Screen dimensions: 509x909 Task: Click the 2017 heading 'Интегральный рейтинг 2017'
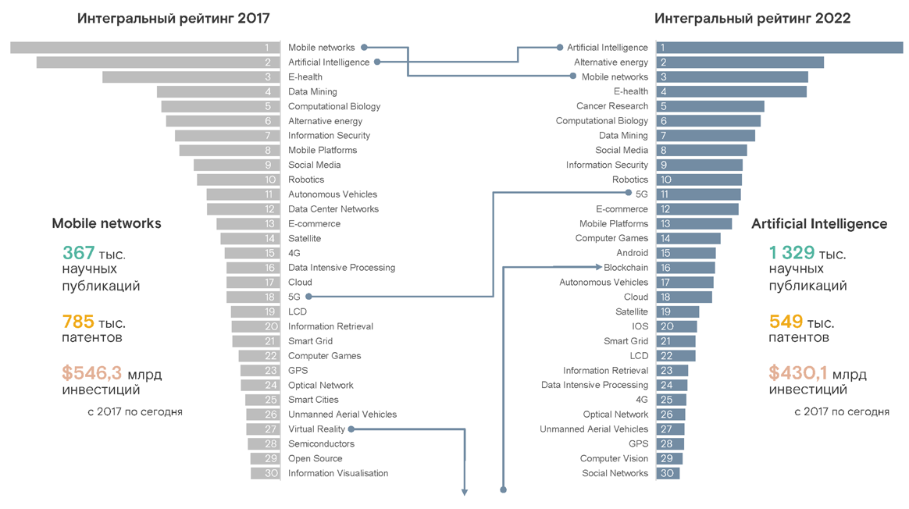(x=173, y=18)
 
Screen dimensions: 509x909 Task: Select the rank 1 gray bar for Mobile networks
(x=145, y=48)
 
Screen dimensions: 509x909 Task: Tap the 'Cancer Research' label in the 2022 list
(x=612, y=106)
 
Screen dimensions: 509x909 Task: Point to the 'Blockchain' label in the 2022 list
(x=626, y=268)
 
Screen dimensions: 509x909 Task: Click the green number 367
(x=78, y=253)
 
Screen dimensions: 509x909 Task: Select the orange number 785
(x=78, y=322)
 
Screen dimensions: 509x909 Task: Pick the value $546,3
(x=92, y=373)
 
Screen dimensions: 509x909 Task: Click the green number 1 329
(x=792, y=253)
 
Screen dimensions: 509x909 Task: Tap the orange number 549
(x=786, y=322)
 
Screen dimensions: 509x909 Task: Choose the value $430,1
(x=798, y=373)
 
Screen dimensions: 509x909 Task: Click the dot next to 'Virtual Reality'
(x=351, y=429)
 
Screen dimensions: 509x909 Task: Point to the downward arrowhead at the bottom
(x=465, y=492)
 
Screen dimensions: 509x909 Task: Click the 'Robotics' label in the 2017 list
(x=306, y=180)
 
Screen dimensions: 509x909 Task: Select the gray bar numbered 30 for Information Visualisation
(x=265, y=473)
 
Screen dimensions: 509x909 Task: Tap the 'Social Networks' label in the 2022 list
(x=615, y=473)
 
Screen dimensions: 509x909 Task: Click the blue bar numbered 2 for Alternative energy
(x=740, y=62)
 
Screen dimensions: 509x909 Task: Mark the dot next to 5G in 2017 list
(x=308, y=297)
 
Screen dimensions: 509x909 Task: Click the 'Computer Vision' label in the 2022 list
(x=614, y=458)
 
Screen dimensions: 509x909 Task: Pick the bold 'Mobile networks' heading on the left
(x=106, y=223)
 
